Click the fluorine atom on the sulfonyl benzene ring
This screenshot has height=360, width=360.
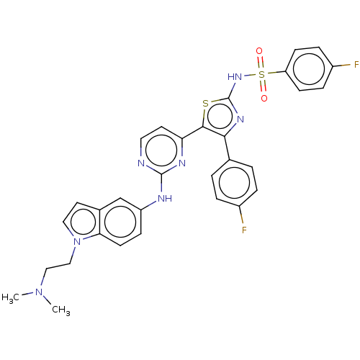coord(356,64)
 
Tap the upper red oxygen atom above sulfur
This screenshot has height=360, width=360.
coord(259,51)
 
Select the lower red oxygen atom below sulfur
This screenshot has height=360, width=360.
coord(264,98)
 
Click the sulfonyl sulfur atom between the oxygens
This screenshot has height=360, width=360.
coord(261,74)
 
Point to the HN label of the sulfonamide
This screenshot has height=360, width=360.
coord(235,77)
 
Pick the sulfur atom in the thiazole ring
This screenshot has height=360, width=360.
coord(205,104)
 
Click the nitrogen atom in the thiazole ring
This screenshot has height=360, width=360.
coord(240,120)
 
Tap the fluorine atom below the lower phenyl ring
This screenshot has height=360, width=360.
coord(244,230)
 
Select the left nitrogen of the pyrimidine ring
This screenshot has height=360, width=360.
coord(141,163)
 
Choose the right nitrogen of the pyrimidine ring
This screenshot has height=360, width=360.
coord(182,163)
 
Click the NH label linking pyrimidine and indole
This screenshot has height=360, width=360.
coord(165,199)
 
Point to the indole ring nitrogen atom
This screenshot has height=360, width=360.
coord(77,241)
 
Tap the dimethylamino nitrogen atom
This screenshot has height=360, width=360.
coord(39,292)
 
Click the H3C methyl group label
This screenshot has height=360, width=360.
coord(10,298)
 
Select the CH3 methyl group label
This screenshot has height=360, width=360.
coord(61,310)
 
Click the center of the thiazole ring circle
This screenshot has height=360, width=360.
coord(220,117)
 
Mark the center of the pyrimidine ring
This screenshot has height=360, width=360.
coord(161,150)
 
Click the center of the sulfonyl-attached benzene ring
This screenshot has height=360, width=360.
coord(309,69)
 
